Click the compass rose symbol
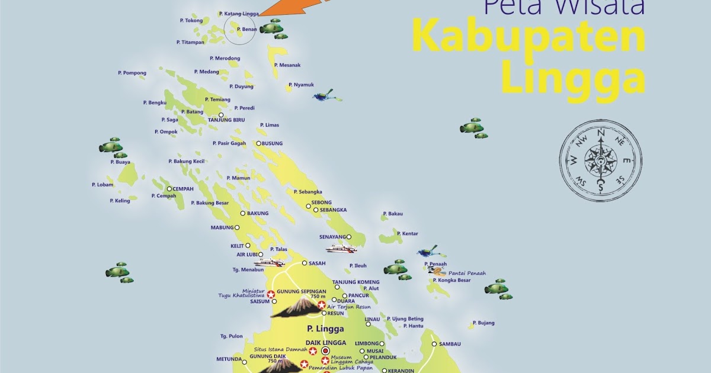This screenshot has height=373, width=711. (601, 160)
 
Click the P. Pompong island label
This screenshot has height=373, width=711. (132, 73)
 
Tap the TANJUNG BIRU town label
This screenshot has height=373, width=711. (226, 120)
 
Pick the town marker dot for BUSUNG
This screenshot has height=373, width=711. (259, 143)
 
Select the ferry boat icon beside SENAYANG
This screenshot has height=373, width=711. (341, 249)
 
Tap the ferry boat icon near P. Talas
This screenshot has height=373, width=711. (270, 262)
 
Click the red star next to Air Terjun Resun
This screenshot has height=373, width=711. (321, 305)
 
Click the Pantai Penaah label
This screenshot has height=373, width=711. (467, 273)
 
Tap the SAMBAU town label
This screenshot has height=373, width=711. (450, 343)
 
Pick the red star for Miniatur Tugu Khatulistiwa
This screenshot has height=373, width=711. (271, 294)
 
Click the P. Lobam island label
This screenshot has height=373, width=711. (103, 185)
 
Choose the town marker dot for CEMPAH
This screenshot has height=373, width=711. (169, 189)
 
